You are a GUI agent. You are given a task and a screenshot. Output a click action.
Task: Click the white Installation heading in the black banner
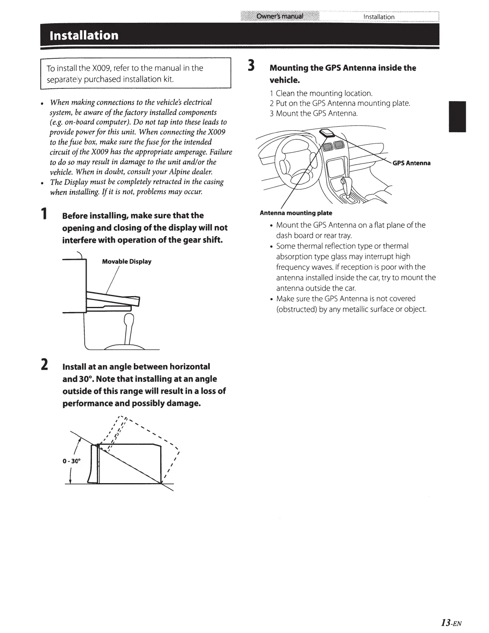click(x=83, y=36)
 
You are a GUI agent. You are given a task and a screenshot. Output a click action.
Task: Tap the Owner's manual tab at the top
click(x=280, y=16)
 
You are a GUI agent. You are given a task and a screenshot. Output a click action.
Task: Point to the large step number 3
click(x=251, y=66)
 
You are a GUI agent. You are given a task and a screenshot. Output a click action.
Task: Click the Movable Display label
click(x=127, y=262)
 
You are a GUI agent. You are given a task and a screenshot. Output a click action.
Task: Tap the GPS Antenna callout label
click(x=411, y=163)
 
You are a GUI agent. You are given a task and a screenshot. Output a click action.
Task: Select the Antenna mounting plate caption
click(x=296, y=213)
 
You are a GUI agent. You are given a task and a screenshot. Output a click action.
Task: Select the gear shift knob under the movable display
click(x=129, y=320)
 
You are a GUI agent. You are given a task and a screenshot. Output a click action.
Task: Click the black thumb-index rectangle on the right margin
click(x=457, y=117)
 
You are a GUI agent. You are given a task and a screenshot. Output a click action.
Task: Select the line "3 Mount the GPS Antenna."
click(x=314, y=113)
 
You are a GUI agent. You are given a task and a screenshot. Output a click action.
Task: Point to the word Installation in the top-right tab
click(x=379, y=17)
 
